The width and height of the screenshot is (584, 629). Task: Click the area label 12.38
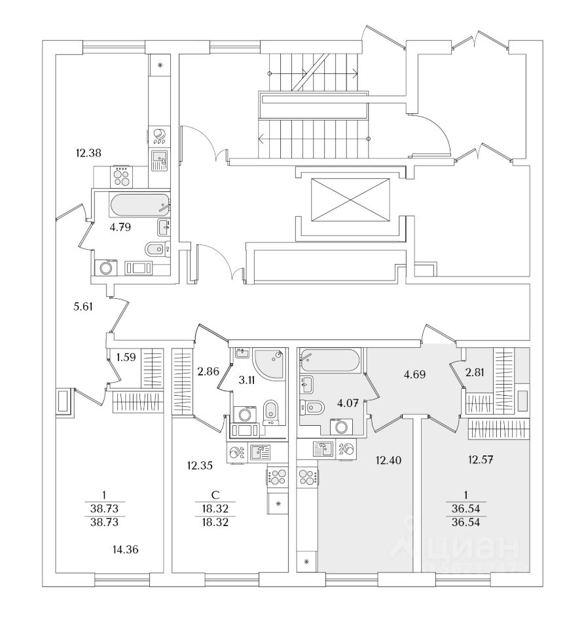(88, 153)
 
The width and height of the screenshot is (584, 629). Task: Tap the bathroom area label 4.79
(120, 227)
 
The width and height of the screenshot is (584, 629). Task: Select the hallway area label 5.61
(83, 307)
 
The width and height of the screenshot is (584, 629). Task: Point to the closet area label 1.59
(126, 357)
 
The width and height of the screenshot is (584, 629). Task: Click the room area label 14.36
(126, 550)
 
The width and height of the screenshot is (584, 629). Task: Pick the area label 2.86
(208, 372)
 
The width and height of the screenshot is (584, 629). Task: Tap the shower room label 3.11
(247, 380)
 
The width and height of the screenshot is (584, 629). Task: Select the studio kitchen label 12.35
(200, 466)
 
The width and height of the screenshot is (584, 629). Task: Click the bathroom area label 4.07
(348, 403)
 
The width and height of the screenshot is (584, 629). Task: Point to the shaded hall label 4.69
(414, 375)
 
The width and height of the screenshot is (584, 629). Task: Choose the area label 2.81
(475, 373)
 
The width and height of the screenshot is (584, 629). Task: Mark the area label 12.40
(388, 460)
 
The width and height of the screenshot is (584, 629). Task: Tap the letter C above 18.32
(215, 495)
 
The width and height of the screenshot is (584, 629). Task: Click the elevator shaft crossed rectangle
(350, 200)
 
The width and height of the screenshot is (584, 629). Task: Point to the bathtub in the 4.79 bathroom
(139, 205)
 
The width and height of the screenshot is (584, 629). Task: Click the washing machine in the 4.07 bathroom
(341, 426)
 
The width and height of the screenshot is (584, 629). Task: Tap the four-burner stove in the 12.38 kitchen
(122, 176)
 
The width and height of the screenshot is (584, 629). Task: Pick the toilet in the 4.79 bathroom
(155, 249)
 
